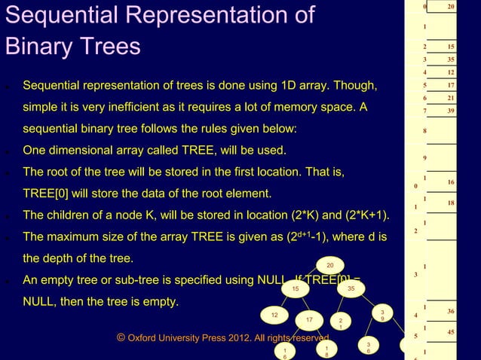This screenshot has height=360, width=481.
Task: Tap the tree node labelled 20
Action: [x=329, y=264]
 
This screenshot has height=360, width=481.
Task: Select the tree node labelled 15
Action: [x=296, y=288]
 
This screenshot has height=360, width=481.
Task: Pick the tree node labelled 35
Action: [x=351, y=288]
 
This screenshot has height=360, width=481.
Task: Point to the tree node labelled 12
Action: [x=274, y=314]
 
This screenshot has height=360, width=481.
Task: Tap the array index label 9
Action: [x=425, y=157]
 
